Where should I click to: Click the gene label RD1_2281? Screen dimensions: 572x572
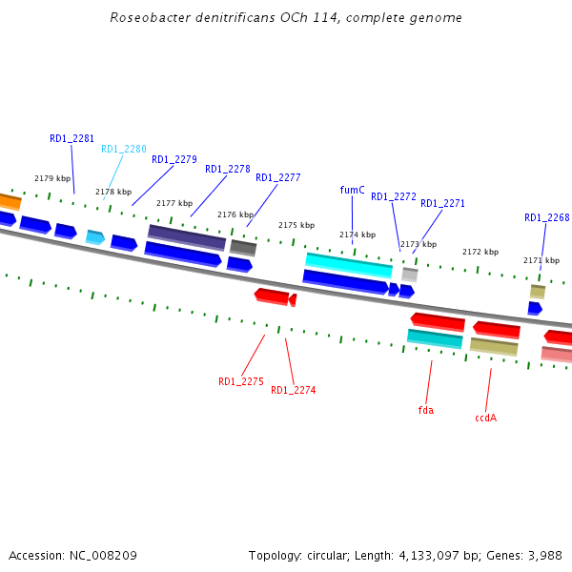pos(71,138)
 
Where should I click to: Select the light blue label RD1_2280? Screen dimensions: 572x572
pos(124,149)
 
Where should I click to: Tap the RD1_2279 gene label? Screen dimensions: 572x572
pos(174,159)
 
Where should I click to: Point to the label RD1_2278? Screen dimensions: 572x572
pos(227,169)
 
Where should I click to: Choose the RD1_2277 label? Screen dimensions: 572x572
pos(277,177)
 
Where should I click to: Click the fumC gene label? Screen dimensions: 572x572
pos(352,190)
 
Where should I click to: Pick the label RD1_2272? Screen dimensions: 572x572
pos(394,196)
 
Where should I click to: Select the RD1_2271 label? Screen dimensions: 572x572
pos(442,203)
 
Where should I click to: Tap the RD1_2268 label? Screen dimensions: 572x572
pos(546,217)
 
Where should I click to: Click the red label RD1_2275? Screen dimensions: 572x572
pos(240,381)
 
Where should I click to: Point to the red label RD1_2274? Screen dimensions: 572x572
pos(293,390)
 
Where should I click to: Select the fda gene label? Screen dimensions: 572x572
pos(425,410)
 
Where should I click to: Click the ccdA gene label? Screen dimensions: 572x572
pos(485,418)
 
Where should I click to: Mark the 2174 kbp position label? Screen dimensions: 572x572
pos(357,235)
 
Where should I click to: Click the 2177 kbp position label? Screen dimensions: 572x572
pos(174,203)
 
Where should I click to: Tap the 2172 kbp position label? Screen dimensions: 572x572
pos(480,252)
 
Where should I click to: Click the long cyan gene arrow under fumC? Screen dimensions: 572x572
pos(348,264)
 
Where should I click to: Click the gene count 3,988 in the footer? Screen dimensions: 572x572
pos(542,555)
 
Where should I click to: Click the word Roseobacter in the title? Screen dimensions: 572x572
pos(143,17)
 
